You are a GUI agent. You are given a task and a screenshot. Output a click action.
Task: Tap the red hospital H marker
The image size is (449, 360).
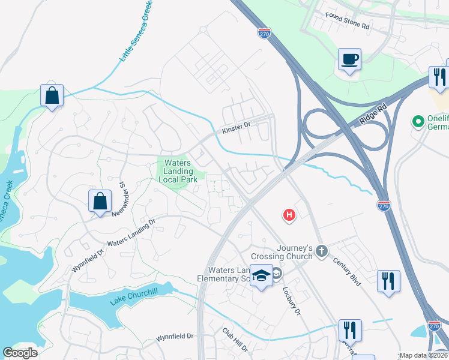point(289,215)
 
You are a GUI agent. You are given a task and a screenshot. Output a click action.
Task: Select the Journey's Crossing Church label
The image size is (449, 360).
point(295,252)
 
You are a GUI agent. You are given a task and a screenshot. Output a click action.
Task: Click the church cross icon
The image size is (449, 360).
point(322,251)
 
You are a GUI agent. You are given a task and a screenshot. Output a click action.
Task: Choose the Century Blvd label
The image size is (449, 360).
point(349,271)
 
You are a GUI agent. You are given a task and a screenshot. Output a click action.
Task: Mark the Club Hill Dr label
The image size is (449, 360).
point(235,340)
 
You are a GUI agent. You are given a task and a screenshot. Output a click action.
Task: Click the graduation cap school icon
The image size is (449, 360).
point(261,275)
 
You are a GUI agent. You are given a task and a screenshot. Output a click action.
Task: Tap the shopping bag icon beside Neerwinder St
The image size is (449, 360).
point(100,202)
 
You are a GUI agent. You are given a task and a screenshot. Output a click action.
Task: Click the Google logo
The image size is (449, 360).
point(20,353)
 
